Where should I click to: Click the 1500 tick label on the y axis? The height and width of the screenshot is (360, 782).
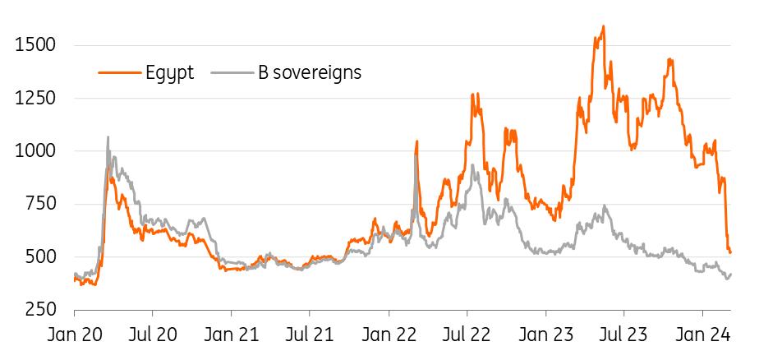pos(35,44)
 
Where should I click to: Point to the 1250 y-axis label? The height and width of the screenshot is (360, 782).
pos(35,98)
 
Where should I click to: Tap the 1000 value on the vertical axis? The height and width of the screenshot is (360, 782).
pos(35,151)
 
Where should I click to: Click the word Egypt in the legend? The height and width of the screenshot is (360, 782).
pos(169,72)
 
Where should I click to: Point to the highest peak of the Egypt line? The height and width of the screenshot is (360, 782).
pos(604,26)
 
